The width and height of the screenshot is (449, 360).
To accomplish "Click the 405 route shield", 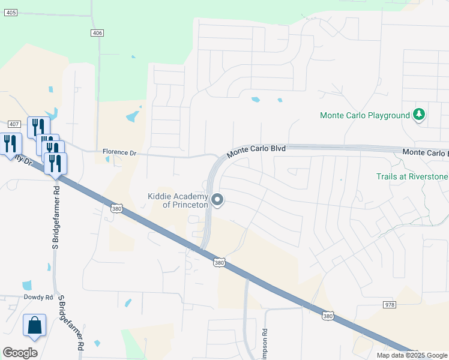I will (x=10, y=12).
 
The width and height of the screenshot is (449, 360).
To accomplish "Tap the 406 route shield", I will (x=98, y=32).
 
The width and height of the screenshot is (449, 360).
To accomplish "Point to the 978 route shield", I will (x=389, y=305).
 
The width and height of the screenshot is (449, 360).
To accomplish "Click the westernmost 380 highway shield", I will (x=117, y=208).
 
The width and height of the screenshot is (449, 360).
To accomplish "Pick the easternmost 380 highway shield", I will (x=327, y=315).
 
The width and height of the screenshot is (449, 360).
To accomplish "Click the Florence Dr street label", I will (x=119, y=152).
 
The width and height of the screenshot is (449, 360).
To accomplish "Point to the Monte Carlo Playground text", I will (x=364, y=115).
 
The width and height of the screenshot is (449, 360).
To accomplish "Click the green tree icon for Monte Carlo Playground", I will (x=419, y=115).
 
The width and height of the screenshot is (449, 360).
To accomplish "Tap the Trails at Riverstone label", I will (x=412, y=177).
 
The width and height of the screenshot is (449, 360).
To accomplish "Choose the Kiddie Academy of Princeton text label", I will (x=178, y=200).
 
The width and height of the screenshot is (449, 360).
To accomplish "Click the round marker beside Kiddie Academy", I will (x=218, y=200).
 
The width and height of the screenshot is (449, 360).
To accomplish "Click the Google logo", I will (x=20, y=353).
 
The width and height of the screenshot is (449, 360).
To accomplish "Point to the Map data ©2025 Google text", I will (x=412, y=355).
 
